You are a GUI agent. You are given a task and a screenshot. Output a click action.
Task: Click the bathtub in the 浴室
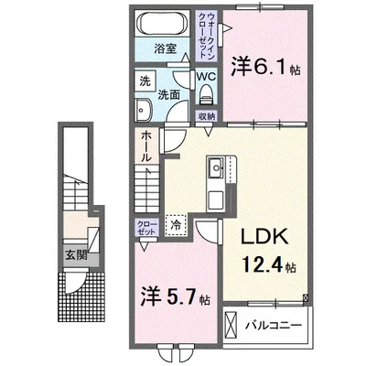pos(166,24)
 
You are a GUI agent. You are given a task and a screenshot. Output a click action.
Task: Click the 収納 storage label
pos(207,116)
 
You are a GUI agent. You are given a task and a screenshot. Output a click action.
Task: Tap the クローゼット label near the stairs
pos(145,228)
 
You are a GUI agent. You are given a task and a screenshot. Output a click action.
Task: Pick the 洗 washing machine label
pos(145,81)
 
